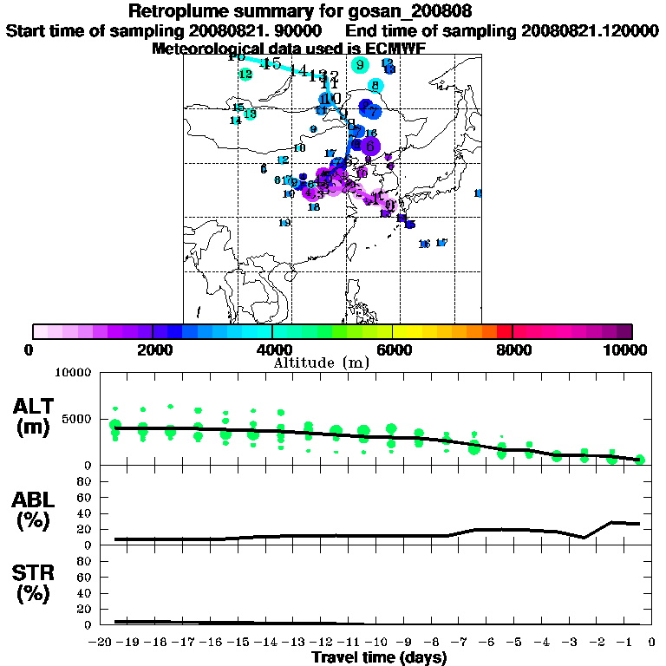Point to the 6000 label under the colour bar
tap(392, 349)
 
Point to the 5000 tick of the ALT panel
tap(80, 419)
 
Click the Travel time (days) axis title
tap(379, 658)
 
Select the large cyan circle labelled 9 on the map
tap(360, 64)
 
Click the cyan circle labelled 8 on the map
tap(375, 85)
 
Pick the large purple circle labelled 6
tap(370, 146)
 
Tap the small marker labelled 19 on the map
tap(284, 223)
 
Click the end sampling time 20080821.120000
tap(588, 30)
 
